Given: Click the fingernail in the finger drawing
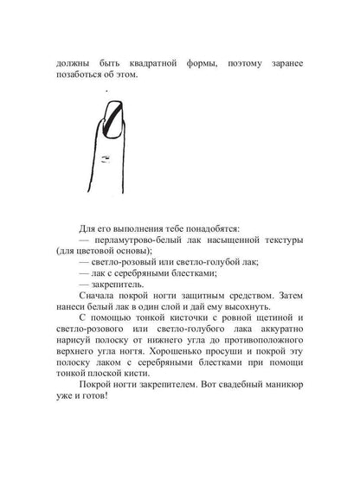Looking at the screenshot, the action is tap(112, 119).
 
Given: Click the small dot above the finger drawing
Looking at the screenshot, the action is tap(106, 90).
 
